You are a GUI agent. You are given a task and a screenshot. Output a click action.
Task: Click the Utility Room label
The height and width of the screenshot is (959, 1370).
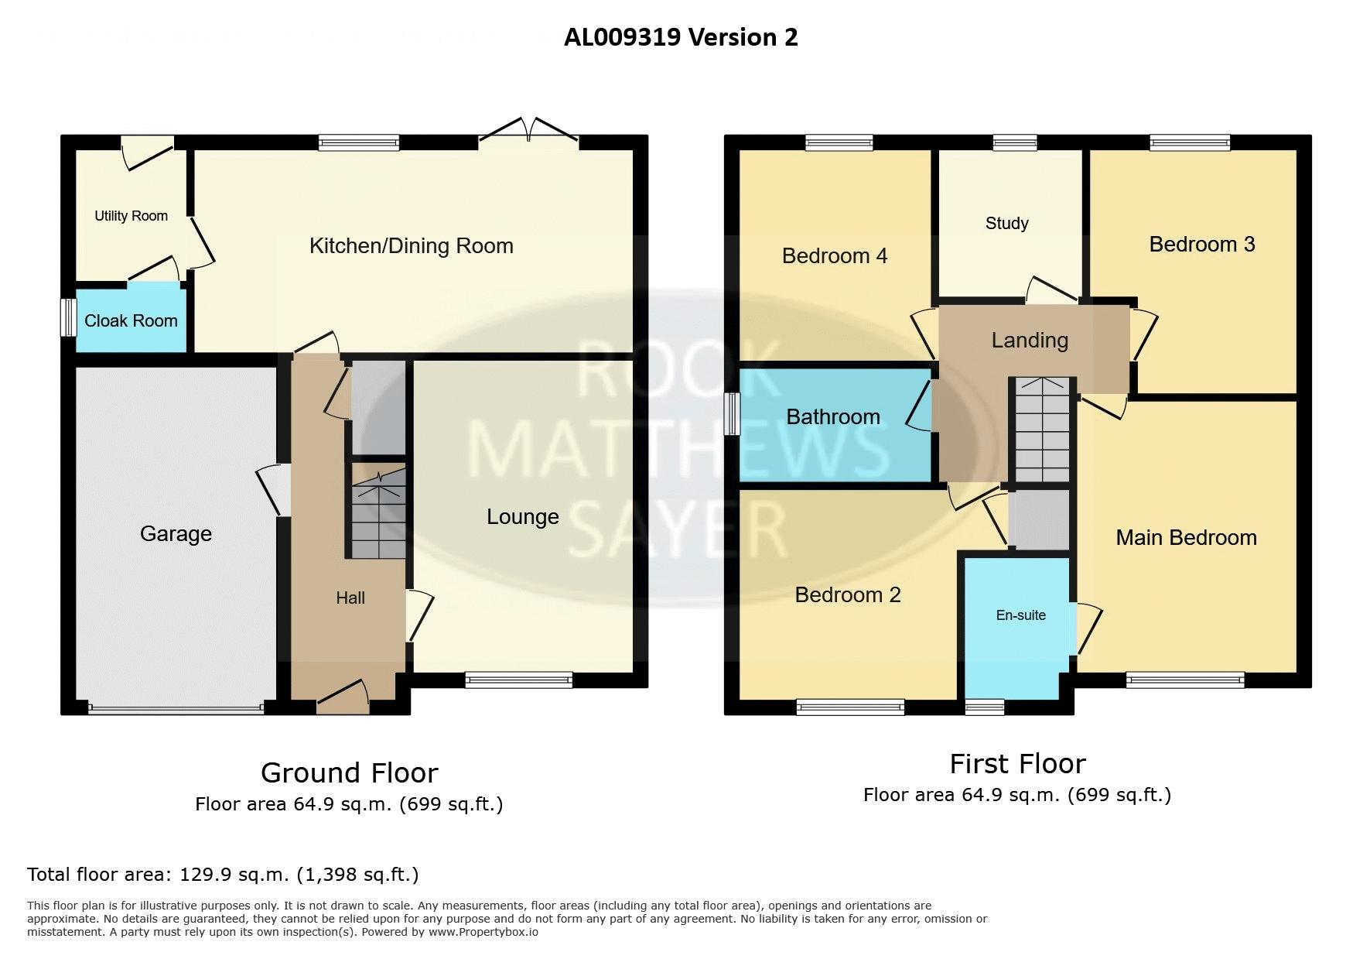coord(131,216)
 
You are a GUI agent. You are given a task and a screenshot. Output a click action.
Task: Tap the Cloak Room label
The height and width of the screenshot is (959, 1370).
coord(131,320)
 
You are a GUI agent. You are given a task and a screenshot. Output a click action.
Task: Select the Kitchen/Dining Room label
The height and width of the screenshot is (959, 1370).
coord(412,246)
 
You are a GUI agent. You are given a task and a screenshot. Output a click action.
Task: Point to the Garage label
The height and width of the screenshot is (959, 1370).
coord(176,534)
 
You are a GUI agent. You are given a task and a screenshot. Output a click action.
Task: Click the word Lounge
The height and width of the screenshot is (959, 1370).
coord(523,517)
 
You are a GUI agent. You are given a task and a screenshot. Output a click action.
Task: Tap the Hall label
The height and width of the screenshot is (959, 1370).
coord(350,598)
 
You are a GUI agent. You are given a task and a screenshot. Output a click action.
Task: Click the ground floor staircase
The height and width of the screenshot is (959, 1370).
coord(379,511)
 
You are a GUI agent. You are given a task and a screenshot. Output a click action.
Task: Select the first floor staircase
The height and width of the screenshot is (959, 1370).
coord(1042,430)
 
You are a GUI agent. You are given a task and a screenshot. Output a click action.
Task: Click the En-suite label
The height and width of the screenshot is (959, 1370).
coord(1021,615)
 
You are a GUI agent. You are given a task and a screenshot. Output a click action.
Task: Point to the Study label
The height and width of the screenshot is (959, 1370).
coord(1007,223)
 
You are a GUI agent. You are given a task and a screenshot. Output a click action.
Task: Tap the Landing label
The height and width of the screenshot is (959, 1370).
coord(1030,341)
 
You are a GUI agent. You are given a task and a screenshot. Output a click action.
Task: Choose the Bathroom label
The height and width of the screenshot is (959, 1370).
coord(833,416)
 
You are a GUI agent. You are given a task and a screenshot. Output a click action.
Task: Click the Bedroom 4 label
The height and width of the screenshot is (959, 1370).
coord(835,256)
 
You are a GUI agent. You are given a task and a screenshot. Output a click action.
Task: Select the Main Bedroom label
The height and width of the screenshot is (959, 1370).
coord(1186,538)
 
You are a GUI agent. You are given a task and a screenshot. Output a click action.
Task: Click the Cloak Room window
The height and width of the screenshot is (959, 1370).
coord(69,317)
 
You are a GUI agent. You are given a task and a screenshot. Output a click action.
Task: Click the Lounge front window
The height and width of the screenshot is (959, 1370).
coord(519,680)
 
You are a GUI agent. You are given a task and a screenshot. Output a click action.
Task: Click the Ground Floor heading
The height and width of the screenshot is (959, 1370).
coord(350,772)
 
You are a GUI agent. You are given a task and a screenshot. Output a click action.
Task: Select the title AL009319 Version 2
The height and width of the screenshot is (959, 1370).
coord(681,37)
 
